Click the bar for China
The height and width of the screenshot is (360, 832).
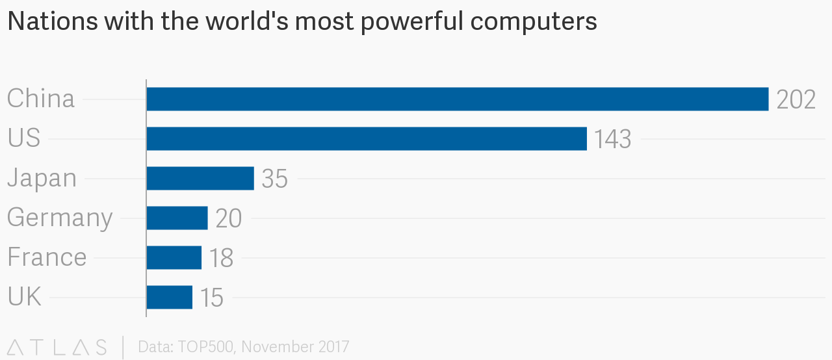point(458,99)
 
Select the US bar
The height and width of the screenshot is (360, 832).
point(367,138)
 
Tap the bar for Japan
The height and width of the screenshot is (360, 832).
point(200,178)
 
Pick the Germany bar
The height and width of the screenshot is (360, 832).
point(177,218)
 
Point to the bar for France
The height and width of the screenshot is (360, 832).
point(174,257)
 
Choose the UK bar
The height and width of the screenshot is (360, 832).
point(170,297)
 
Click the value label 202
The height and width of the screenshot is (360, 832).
point(796,99)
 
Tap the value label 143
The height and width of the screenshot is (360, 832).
point(612,139)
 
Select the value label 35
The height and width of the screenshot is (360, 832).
point(274,179)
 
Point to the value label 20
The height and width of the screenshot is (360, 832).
point(228,218)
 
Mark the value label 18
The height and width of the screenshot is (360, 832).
point(221,258)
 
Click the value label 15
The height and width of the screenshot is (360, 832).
point(212,298)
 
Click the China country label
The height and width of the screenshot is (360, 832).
point(41,99)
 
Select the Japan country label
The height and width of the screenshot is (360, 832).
point(42,178)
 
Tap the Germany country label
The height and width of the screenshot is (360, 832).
point(60,218)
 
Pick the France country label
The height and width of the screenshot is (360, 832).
point(47,257)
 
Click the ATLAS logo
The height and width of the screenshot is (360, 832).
point(57,347)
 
